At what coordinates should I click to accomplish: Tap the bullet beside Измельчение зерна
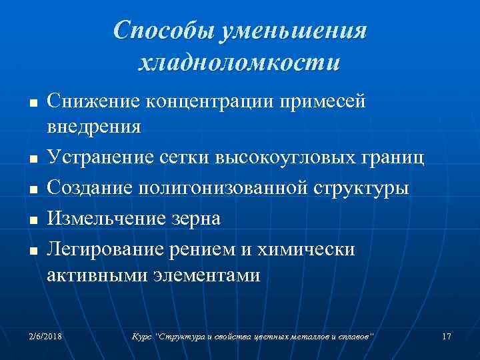pyautogui.click(x=33, y=219)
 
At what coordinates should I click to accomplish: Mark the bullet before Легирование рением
pyautogui.click(x=33, y=250)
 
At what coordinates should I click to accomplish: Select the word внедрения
pyautogui.click(x=94, y=126)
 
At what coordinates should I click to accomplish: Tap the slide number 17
pyautogui.click(x=447, y=336)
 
